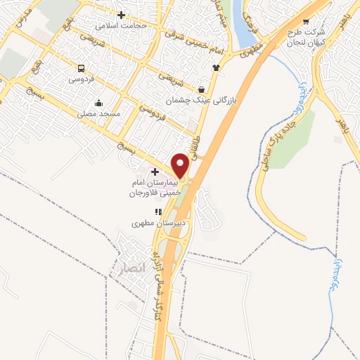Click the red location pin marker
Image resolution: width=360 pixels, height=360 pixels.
tap(180, 166)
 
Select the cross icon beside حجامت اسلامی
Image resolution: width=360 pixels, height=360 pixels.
tap(122, 15)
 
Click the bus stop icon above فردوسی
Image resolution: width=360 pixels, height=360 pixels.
tap(82, 69)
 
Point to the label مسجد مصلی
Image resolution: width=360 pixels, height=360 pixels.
tap(100, 112)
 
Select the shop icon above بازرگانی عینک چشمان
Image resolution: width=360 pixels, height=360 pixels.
tap(202, 90)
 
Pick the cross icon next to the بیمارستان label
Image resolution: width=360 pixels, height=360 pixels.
tap(155, 171)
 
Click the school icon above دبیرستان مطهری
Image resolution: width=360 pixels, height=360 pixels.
tap(159, 212)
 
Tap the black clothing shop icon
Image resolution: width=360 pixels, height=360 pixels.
tap(215, 68)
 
